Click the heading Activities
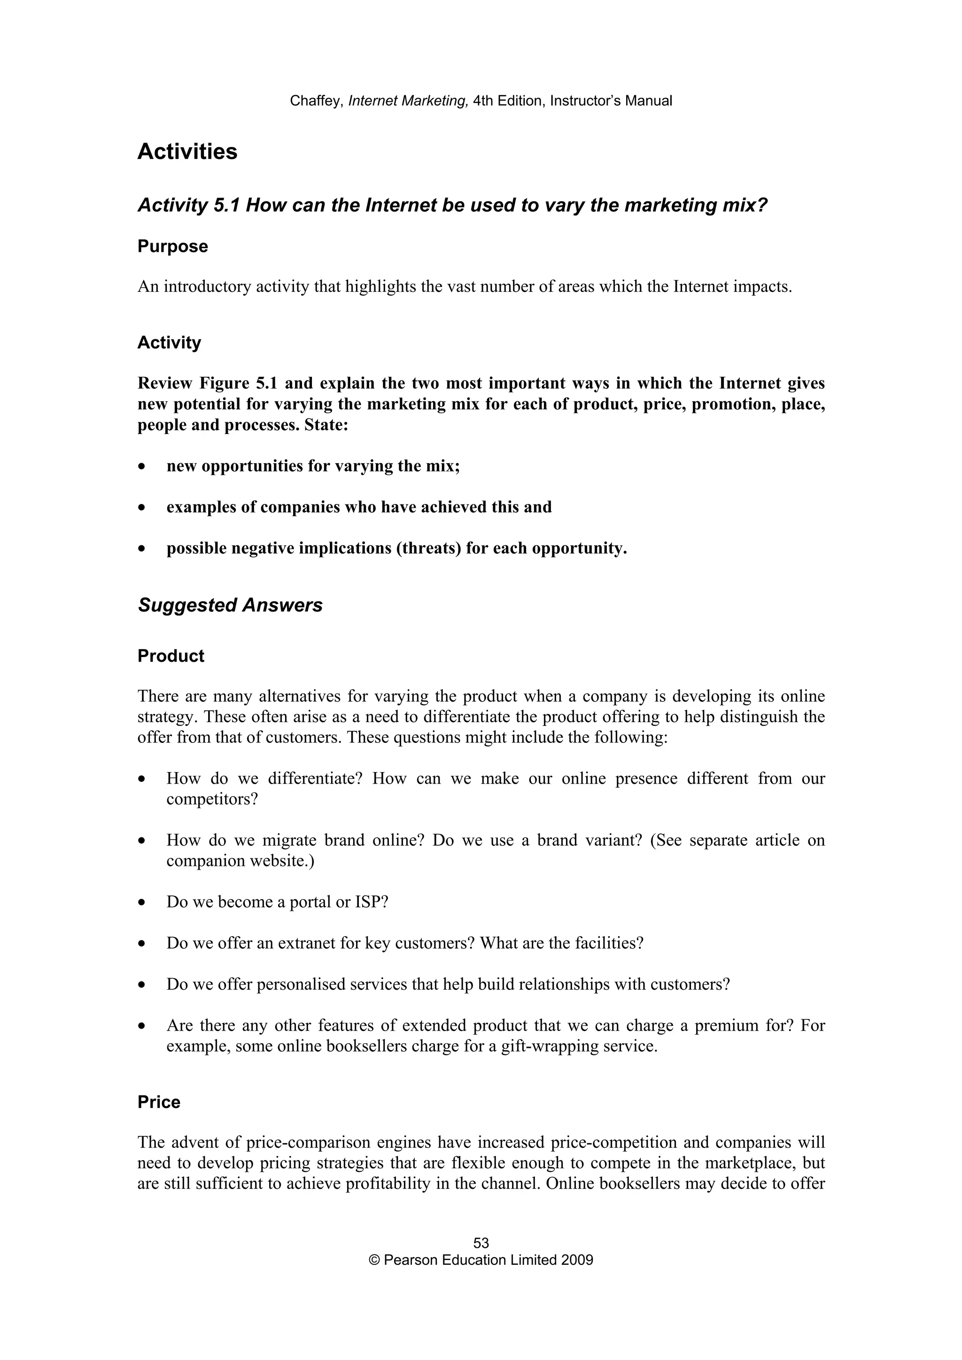coord(187,152)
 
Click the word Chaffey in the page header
coord(315,101)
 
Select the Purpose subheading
coord(172,246)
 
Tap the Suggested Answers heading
coord(230,605)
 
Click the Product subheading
coord(171,657)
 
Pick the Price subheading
coord(159,1102)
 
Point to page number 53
coord(481,1243)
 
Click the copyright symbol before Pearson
coord(374,1260)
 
